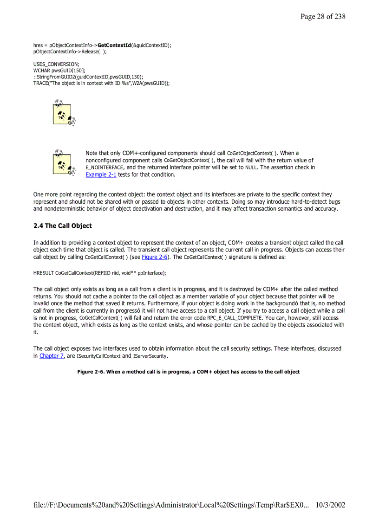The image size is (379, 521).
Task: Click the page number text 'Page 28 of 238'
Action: pos(323,17)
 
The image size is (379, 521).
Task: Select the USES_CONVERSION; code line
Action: pos(56,64)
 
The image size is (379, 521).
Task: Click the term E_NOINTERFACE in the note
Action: pos(105,167)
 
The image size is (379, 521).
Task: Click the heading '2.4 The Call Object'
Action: pos(63,226)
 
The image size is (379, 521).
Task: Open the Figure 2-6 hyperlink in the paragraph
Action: pos(155,257)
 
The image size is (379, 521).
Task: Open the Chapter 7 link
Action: pos(52,356)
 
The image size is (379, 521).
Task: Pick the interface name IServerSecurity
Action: pos(150,356)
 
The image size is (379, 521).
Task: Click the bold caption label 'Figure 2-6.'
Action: pos(92,372)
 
